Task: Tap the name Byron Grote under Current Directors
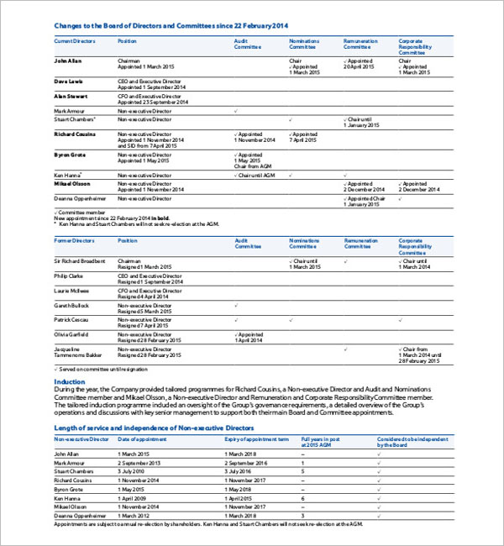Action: [69, 155]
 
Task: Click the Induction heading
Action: [70, 381]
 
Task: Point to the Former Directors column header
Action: [76, 240]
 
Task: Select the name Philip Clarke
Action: [70, 276]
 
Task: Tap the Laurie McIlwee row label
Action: [73, 290]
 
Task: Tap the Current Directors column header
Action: [75, 40]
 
